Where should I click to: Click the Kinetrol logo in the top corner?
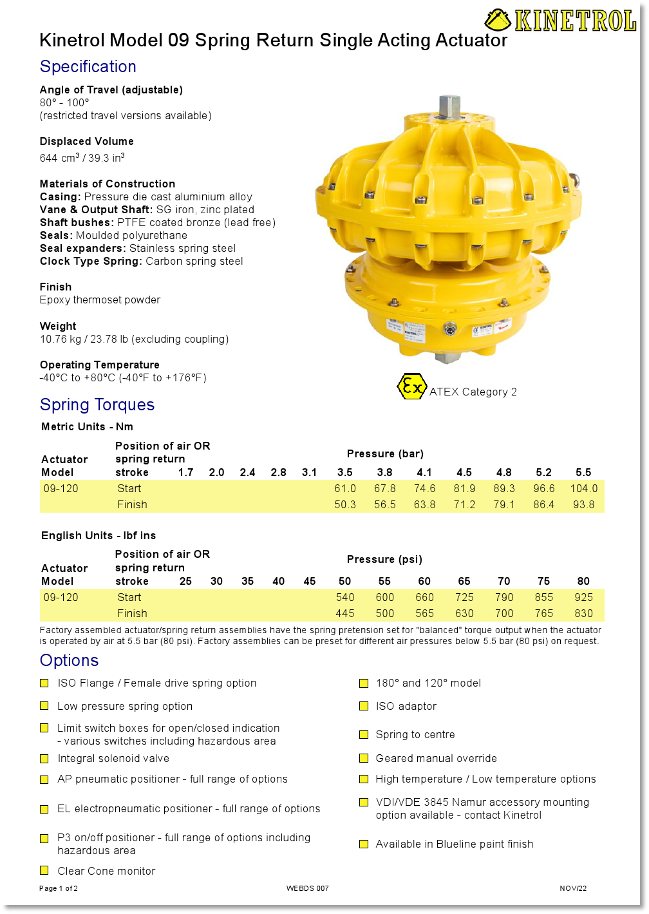560,21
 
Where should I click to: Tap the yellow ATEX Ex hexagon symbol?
411,386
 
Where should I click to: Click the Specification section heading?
88,67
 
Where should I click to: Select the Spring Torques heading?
97,405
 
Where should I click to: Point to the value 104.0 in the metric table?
583,489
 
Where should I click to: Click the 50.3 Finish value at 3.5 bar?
345,505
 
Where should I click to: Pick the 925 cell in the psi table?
583,598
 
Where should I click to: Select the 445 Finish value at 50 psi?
345,614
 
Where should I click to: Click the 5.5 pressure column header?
583,473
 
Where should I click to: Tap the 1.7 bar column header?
186,473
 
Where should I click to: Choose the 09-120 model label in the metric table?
61,489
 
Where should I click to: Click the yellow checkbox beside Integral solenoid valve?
44,759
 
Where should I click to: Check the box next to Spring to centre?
364,735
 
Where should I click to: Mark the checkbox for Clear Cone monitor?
44,871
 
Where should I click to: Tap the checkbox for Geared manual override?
364,759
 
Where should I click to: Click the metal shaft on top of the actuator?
449,107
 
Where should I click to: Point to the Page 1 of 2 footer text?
59,889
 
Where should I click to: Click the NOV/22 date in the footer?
573,889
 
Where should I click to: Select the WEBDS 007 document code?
308,889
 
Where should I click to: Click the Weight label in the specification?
58,327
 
